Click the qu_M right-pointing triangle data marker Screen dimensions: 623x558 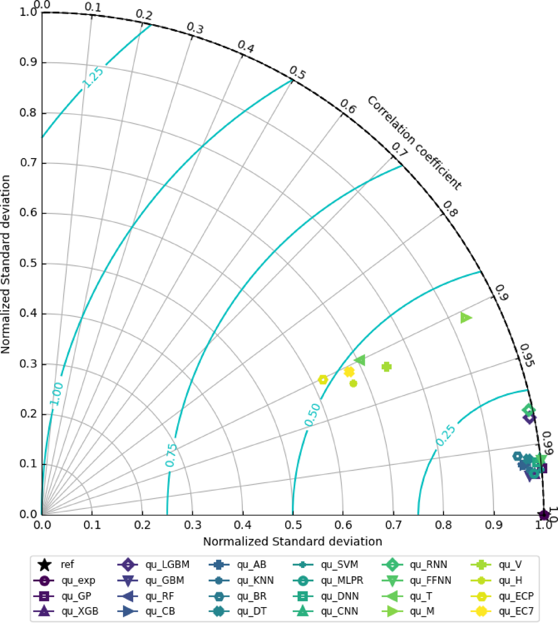click(x=466, y=317)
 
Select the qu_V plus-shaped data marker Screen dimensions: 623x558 click(x=386, y=367)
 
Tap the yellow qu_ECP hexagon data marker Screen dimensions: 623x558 click(x=323, y=380)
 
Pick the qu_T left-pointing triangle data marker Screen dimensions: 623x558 click(x=360, y=360)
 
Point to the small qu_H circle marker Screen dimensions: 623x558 click(x=353, y=383)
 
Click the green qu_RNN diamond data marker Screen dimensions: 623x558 click(x=529, y=410)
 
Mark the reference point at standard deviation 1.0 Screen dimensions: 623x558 click(x=544, y=514)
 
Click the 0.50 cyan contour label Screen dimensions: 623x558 click(x=313, y=415)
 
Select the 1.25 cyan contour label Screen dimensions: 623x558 click(x=93, y=77)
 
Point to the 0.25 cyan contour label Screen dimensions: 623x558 click(x=446, y=436)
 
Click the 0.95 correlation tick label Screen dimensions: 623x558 click(x=527, y=355)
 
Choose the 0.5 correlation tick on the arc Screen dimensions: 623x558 click(x=297, y=73)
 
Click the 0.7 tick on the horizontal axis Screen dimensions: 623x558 click(x=393, y=525)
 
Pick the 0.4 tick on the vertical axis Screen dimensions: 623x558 click(x=28, y=314)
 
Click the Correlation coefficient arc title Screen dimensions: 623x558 click(x=414, y=144)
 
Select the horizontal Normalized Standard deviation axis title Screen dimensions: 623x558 click(x=292, y=541)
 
